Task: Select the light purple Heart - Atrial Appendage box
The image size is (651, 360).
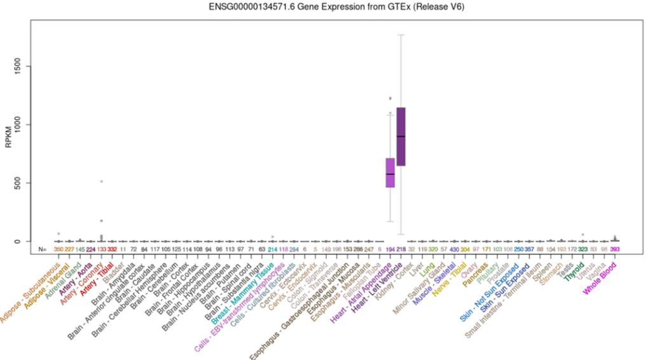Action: tap(390, 173)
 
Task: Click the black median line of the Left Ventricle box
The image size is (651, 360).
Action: tap(401, 137)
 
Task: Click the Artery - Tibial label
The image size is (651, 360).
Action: tap(95, 273)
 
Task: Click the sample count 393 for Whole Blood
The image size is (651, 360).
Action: tap(615, 249)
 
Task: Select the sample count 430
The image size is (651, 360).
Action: tap(454, 249)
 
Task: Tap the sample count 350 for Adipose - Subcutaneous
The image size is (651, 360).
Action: tap(58, 249)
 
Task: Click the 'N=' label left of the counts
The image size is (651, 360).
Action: tap(43, 249)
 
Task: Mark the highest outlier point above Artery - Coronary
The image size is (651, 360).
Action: tap(101, 181)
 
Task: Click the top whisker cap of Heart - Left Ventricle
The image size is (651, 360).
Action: tap(401, 35)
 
